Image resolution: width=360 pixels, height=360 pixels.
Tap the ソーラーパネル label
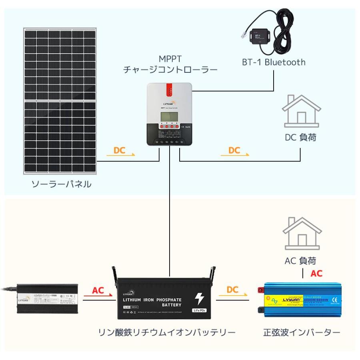pos(61,184)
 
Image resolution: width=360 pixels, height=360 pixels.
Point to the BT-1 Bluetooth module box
pos(259,37)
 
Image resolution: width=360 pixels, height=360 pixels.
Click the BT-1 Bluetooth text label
pos(274,62)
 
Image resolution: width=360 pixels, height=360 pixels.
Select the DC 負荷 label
pos(300,138)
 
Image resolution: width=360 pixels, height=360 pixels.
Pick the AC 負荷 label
pos(300,261)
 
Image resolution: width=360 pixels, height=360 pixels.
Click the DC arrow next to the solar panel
pos(120,152)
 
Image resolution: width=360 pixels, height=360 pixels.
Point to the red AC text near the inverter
pos(316,274)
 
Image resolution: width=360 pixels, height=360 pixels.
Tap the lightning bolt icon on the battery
pos(199,299)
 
